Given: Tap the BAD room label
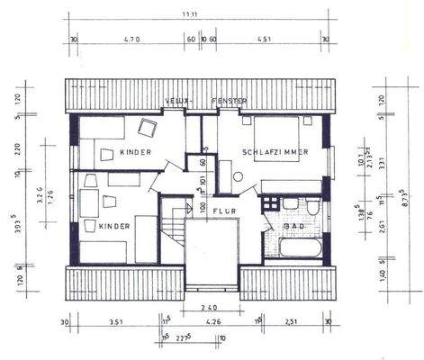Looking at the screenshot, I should [x=293, y=226].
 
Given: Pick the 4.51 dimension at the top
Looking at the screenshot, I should [x=266, y=39].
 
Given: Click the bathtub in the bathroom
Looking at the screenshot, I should [x=298, y=247].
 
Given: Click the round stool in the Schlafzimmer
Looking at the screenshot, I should [x=239, y=175].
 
